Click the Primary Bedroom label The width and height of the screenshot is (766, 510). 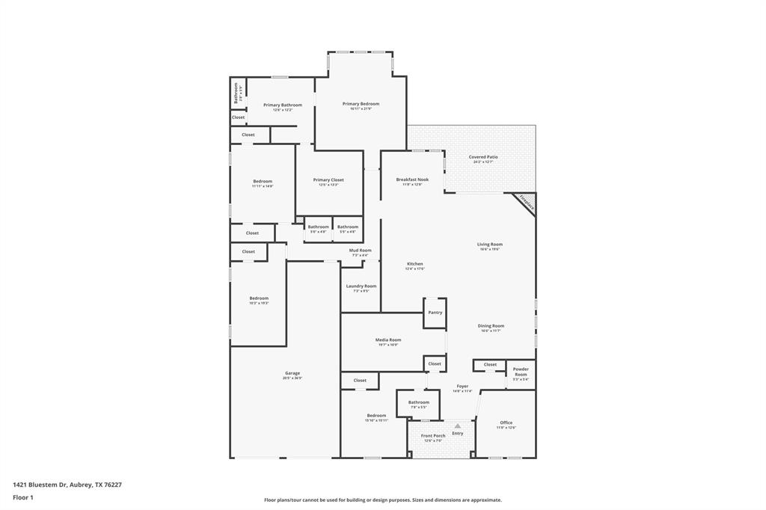click(361, 104)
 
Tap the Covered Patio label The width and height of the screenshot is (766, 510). click(483, 157)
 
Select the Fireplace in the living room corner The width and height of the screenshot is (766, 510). click(526, 203)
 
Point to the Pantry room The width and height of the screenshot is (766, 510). click(435, 313)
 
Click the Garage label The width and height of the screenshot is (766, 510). click(292, 373)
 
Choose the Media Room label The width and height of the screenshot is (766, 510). click(388, 340)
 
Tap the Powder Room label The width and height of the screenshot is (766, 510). click(521, 372)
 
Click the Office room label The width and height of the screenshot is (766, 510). click(506, 423)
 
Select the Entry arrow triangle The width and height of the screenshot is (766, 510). click(458, 426)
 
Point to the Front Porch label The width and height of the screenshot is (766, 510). click(433, 435)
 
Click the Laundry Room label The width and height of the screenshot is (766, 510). click(361, 286)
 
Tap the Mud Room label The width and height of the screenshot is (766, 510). click(360, 251)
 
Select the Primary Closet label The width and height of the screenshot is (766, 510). click(328, 180)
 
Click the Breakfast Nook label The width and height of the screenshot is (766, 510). click(412, 179)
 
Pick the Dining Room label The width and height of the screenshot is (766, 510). click(491, 325)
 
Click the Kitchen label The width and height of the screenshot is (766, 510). click(414, 264)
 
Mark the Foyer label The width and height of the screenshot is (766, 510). click(462, 387)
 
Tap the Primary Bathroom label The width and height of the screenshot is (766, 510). click(283, 105)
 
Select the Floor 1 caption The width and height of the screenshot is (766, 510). click(22, 497)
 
